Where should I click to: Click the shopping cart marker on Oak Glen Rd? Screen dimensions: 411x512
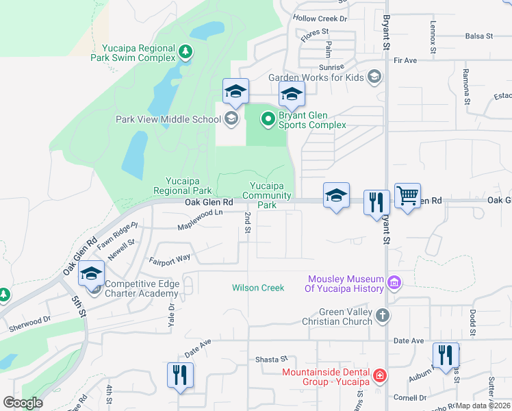tap(407, 196)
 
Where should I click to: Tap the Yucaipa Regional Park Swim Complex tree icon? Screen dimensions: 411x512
tap(185, 51)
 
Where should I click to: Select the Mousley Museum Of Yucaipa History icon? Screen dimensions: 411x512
tap(394, 283)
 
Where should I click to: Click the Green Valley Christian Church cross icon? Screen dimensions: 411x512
tap(383, 316)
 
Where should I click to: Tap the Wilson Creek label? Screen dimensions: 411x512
tap(258, 288)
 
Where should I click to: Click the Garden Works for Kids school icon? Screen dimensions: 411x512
tap(374, 77)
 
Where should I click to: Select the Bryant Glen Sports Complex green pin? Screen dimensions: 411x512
tap(268, 120)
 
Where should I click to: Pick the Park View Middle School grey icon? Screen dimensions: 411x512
tap(231, 119)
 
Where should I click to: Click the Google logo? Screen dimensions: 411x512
tap(23, 403)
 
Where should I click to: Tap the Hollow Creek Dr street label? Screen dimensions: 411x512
tap(320, 19)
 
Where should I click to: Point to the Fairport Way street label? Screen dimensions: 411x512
tap(170, 260)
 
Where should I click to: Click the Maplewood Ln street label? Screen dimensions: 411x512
tap(200, 221)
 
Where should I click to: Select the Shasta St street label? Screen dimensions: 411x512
tap(271, 359)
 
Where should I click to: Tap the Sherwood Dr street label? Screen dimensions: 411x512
tap(29, 323)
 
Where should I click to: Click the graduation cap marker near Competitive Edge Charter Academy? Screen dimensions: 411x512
tap(92, 274)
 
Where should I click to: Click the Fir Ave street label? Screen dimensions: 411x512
tap(405, 60)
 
